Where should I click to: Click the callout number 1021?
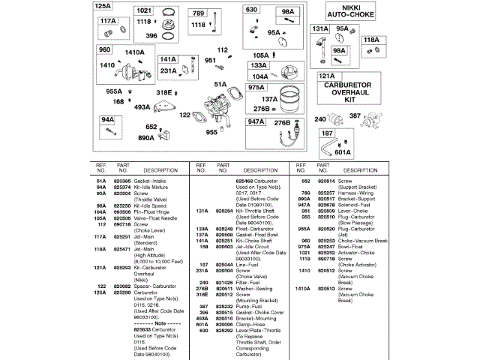click(x=144, y=10)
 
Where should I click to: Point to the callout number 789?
click(x=197, y=13)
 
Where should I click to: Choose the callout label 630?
click(x=251, y=10)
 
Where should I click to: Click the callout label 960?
click(x=104, y=49)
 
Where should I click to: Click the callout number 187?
click(x=327, y=133)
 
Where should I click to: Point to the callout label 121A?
click(x=326, y=76)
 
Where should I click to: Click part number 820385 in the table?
click(x=121, y=181)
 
